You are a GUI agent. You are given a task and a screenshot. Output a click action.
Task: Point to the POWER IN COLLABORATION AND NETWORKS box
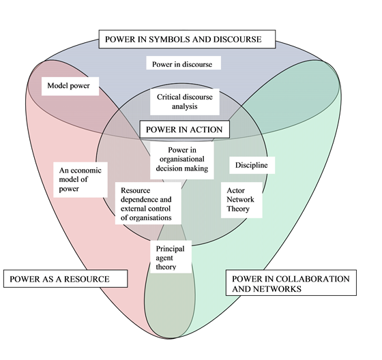pos(291,284)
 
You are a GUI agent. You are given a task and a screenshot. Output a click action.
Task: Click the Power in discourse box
pos(183,65)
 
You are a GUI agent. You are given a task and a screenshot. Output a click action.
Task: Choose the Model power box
pos(70,86)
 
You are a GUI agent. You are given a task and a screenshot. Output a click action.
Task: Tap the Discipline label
pos(251,165)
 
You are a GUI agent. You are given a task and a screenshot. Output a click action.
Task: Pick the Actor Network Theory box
pos(242,200)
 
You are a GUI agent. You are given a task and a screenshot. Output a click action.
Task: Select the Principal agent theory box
pos(171,258)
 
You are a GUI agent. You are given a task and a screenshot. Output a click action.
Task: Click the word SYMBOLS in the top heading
pos(172,40)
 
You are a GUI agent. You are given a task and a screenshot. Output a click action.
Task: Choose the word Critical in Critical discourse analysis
pos(169,97)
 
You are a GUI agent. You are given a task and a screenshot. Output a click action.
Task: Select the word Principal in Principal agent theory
pos(171,249)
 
